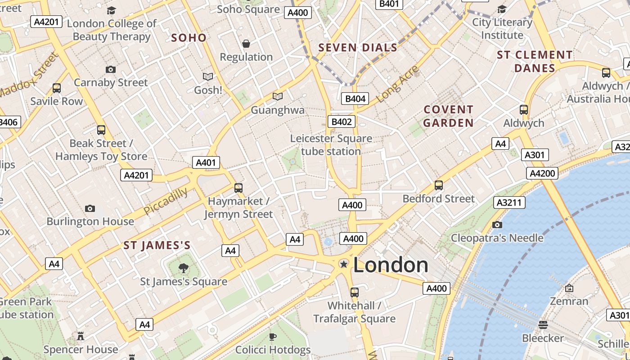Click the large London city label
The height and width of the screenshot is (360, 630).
(x=391, y=265)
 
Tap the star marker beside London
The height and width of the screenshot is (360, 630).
(x=344, y=264)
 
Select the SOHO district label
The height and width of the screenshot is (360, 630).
(x=189, y=38)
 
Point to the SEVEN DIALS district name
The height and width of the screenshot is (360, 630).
(x=358, y=48)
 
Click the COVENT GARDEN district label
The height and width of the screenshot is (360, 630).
(x=448, y=116)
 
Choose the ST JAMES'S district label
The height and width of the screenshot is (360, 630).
(x=157, y=246)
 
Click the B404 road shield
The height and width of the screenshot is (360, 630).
(x=355, y=99)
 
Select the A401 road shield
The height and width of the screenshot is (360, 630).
(x=206, y=162)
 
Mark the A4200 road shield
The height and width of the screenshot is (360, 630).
(x=544, y=173)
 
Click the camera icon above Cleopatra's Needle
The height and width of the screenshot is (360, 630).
(x=497, y=225)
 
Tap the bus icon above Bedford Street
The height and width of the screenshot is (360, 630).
(x=439, y=185)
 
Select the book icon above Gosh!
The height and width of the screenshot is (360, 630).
(x=207, y=77)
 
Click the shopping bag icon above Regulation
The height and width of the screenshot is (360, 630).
(x=246, y=44)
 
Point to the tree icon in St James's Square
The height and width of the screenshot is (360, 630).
(x=183, y=268)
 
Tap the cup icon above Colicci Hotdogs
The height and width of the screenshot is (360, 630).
(x=273, y=336)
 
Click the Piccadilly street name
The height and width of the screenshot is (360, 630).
(x=166, y=201)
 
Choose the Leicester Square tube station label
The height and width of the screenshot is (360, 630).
(x=331, y=145)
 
